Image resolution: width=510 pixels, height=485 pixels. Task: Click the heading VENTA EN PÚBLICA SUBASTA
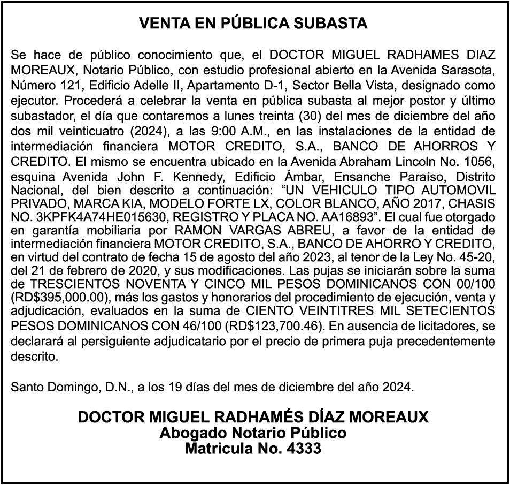(253, 24)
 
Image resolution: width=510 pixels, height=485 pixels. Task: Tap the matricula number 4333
(304, 449)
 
